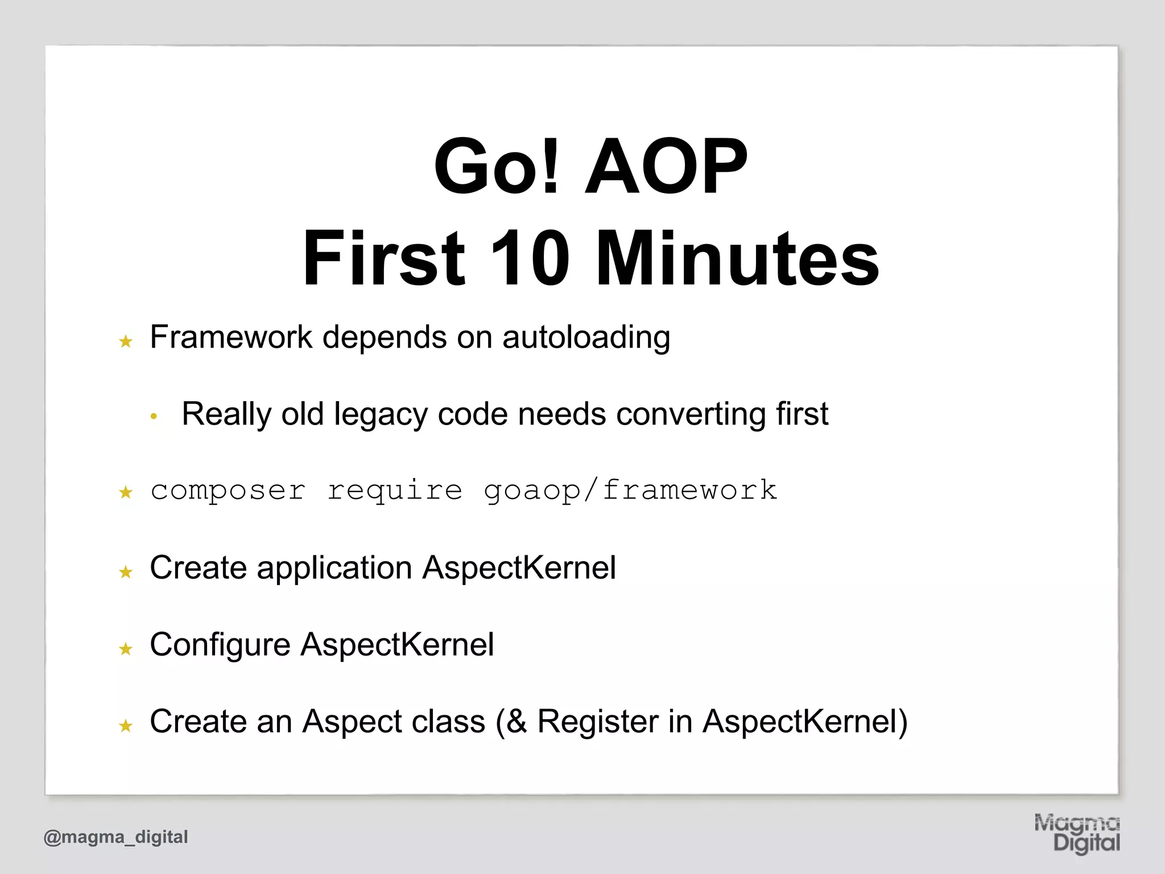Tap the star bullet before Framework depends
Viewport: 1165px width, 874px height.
point(126,341)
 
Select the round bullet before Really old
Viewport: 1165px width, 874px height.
point(153,417)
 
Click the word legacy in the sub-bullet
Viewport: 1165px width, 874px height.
point(381,414)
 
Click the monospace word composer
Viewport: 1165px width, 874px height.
point(228,490)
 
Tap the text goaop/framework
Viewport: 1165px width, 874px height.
point(630,490)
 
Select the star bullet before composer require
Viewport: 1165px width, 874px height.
point(126,492)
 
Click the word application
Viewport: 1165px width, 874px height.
point(334,568)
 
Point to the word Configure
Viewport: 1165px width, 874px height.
point(220,645)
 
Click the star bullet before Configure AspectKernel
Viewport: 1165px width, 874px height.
point(126,649)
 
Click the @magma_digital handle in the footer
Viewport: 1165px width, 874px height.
point(116,837)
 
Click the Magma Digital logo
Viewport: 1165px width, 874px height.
point(1077,833)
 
